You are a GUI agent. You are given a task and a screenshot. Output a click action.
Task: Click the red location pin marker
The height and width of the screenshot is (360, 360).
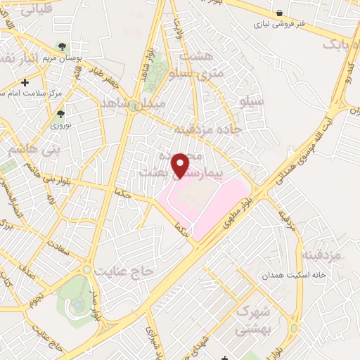181,165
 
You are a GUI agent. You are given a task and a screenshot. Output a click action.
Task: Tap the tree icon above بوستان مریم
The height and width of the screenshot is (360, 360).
63,46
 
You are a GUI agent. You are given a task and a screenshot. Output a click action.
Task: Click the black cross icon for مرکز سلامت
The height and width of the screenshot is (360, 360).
25,82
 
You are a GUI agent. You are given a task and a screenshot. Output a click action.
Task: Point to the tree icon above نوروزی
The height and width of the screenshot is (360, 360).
61,112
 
